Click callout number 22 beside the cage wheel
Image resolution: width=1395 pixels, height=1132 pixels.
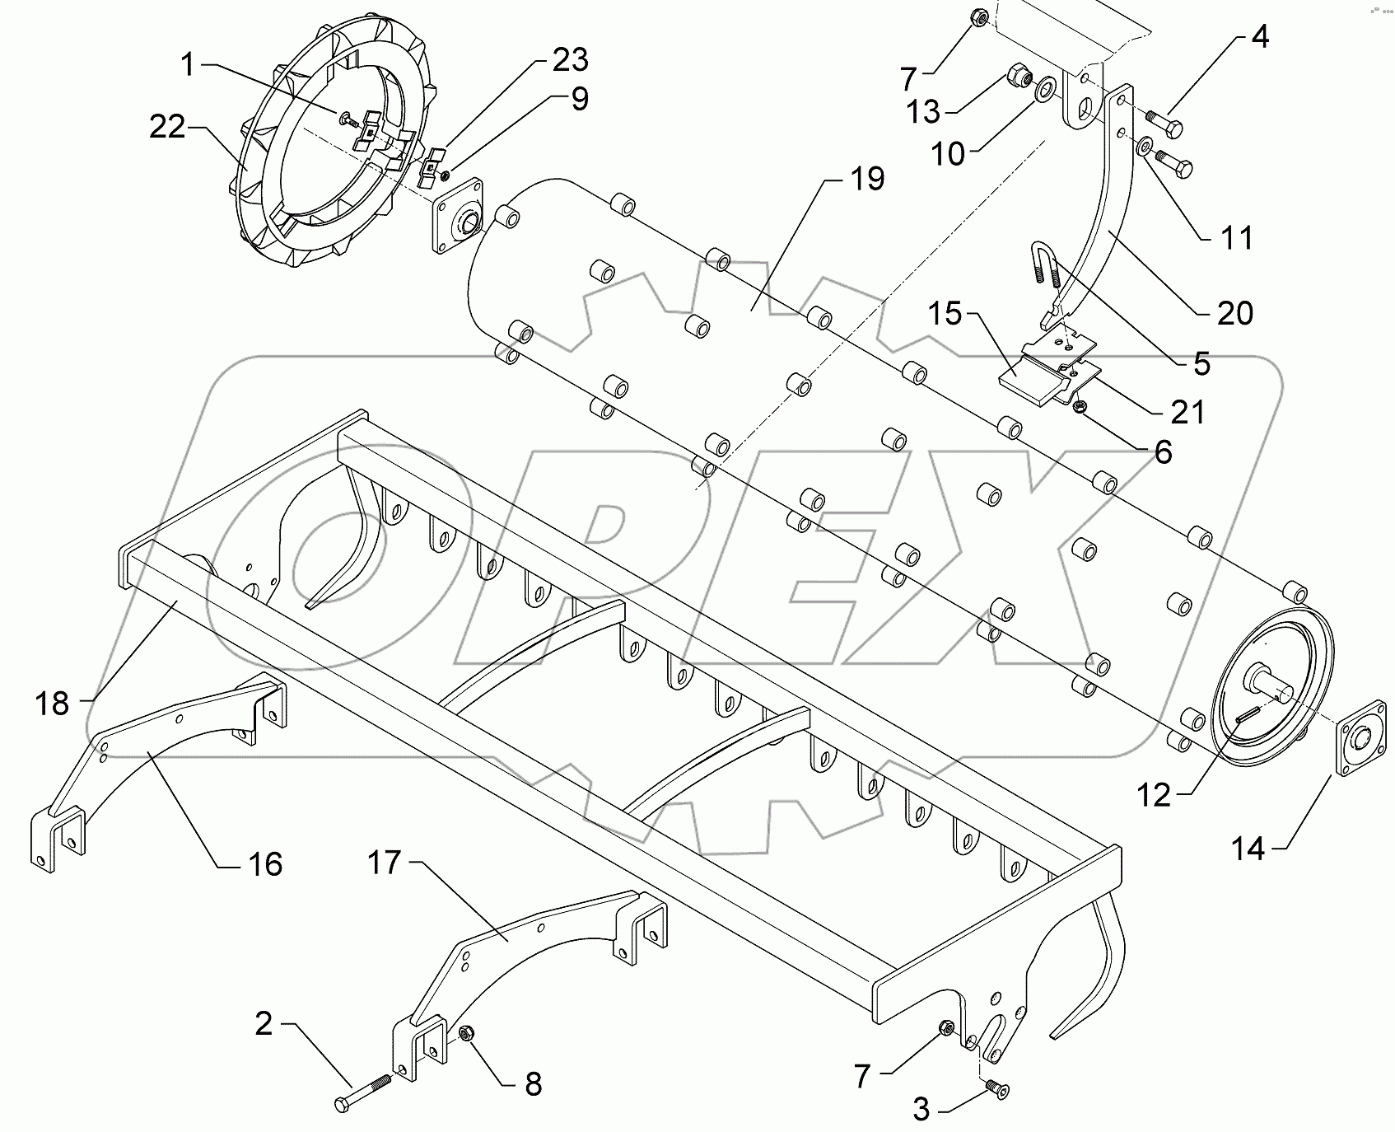coord(167,127)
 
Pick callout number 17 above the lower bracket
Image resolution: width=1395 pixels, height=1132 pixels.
coord(385,863)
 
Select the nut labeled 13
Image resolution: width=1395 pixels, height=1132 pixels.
coord(1018,77)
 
